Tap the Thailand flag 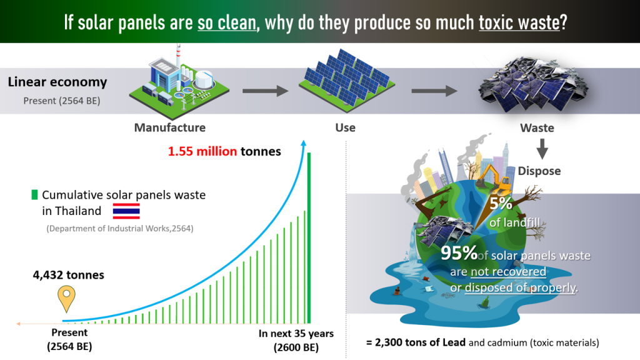point(126,211)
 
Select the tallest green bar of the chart point(309,238)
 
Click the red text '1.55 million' point(202,151)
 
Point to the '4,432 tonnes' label point(69,275)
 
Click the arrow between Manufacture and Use point(265,91)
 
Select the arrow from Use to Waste point(434,91)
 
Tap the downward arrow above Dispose point(542,149)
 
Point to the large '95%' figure point(459,253)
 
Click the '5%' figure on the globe point(501,203)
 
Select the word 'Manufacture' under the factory point(170,127)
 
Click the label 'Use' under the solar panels point(345,127)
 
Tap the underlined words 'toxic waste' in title point(519,22)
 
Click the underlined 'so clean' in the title point(227,22)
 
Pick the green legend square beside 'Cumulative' point(35,195)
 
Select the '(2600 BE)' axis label point(296,347)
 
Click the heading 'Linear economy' point(57,82)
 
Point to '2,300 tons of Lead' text point(420,342)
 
